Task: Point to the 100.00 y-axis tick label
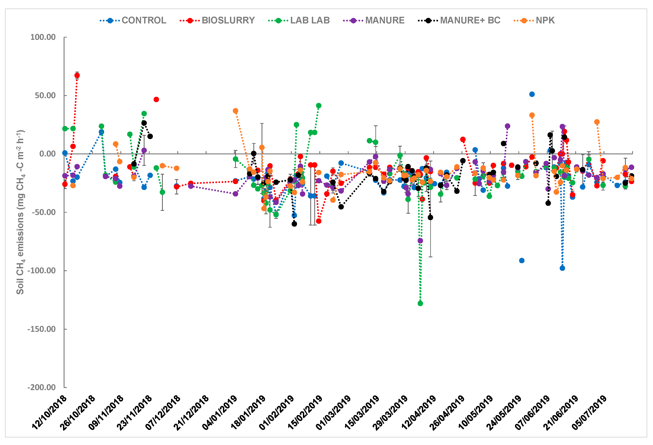43,37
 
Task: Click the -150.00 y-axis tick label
41,329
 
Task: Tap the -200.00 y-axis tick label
41,387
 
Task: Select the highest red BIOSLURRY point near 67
77,75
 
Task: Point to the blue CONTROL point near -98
562,268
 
